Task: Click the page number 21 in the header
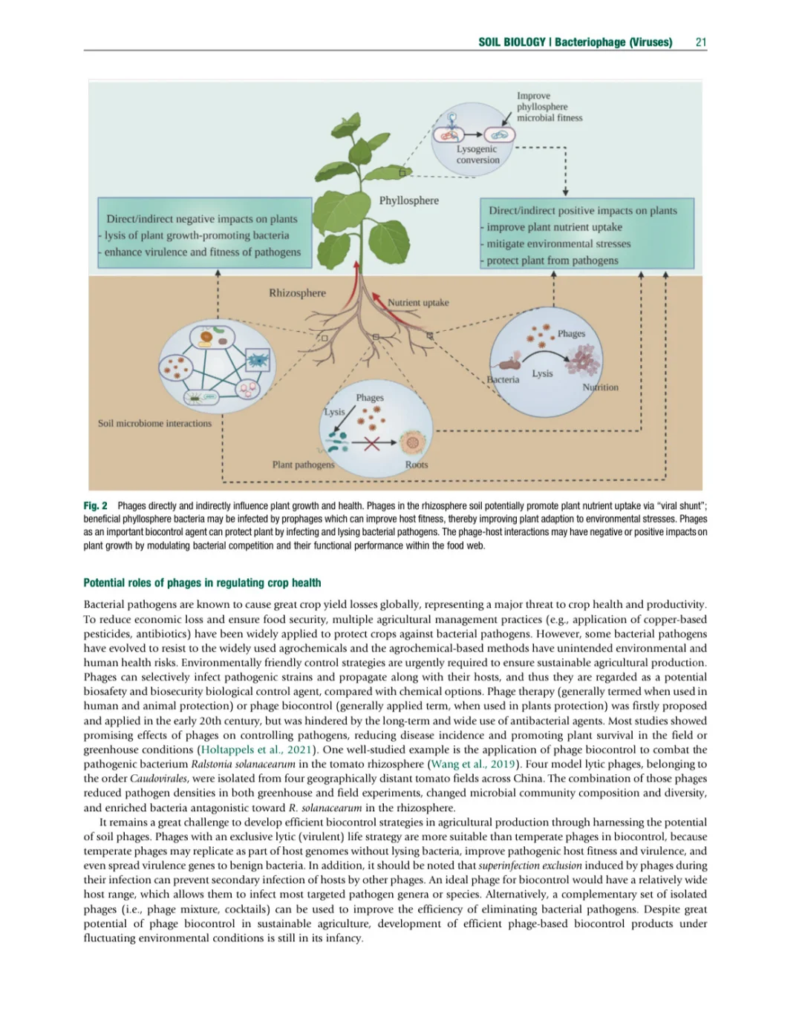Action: point(700,42)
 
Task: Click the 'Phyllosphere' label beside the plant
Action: point(408,200)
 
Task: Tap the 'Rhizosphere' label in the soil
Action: point(297,293)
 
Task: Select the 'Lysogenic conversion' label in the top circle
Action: point(477,154)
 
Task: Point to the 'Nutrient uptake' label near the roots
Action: point(418,303)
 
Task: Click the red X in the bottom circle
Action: point(371,444)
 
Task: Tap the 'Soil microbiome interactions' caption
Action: point(154,424)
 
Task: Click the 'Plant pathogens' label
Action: point(303,465)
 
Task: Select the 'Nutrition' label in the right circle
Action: point(600,387)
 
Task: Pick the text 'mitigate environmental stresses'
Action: point(558,243)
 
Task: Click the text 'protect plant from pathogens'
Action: point(552,261)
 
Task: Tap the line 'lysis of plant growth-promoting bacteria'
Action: point(197,235)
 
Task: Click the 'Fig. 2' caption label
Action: point(95,506)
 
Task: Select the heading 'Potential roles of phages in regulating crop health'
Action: point(202,583)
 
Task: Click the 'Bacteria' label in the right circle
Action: point(503,380)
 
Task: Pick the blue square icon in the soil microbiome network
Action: point(258,360)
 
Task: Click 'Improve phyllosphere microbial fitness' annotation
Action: point(549,107)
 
